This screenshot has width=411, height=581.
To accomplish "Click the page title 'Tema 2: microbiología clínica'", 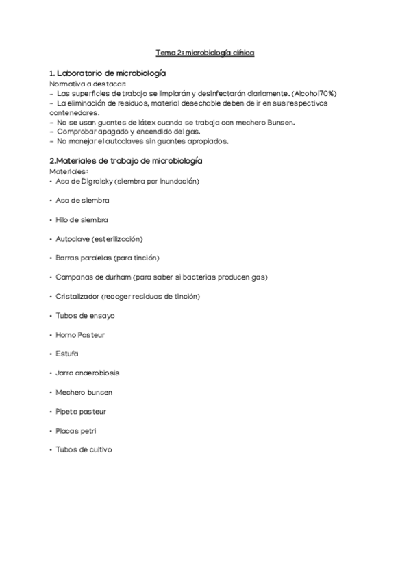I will tap(206, 52).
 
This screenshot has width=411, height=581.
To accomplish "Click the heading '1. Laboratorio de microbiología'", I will tap(108, 73).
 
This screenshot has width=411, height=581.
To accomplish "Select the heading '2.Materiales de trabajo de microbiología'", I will tap(126, 160).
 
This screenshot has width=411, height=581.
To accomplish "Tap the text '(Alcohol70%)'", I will tap(314, 93).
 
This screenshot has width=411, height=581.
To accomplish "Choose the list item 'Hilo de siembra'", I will tap(82, 219).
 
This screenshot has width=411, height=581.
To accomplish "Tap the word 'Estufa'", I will tap(67, 354).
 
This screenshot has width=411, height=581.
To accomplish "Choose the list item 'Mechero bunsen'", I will tap(84, 393).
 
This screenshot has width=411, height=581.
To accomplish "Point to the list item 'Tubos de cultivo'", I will tap(84, 450).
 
